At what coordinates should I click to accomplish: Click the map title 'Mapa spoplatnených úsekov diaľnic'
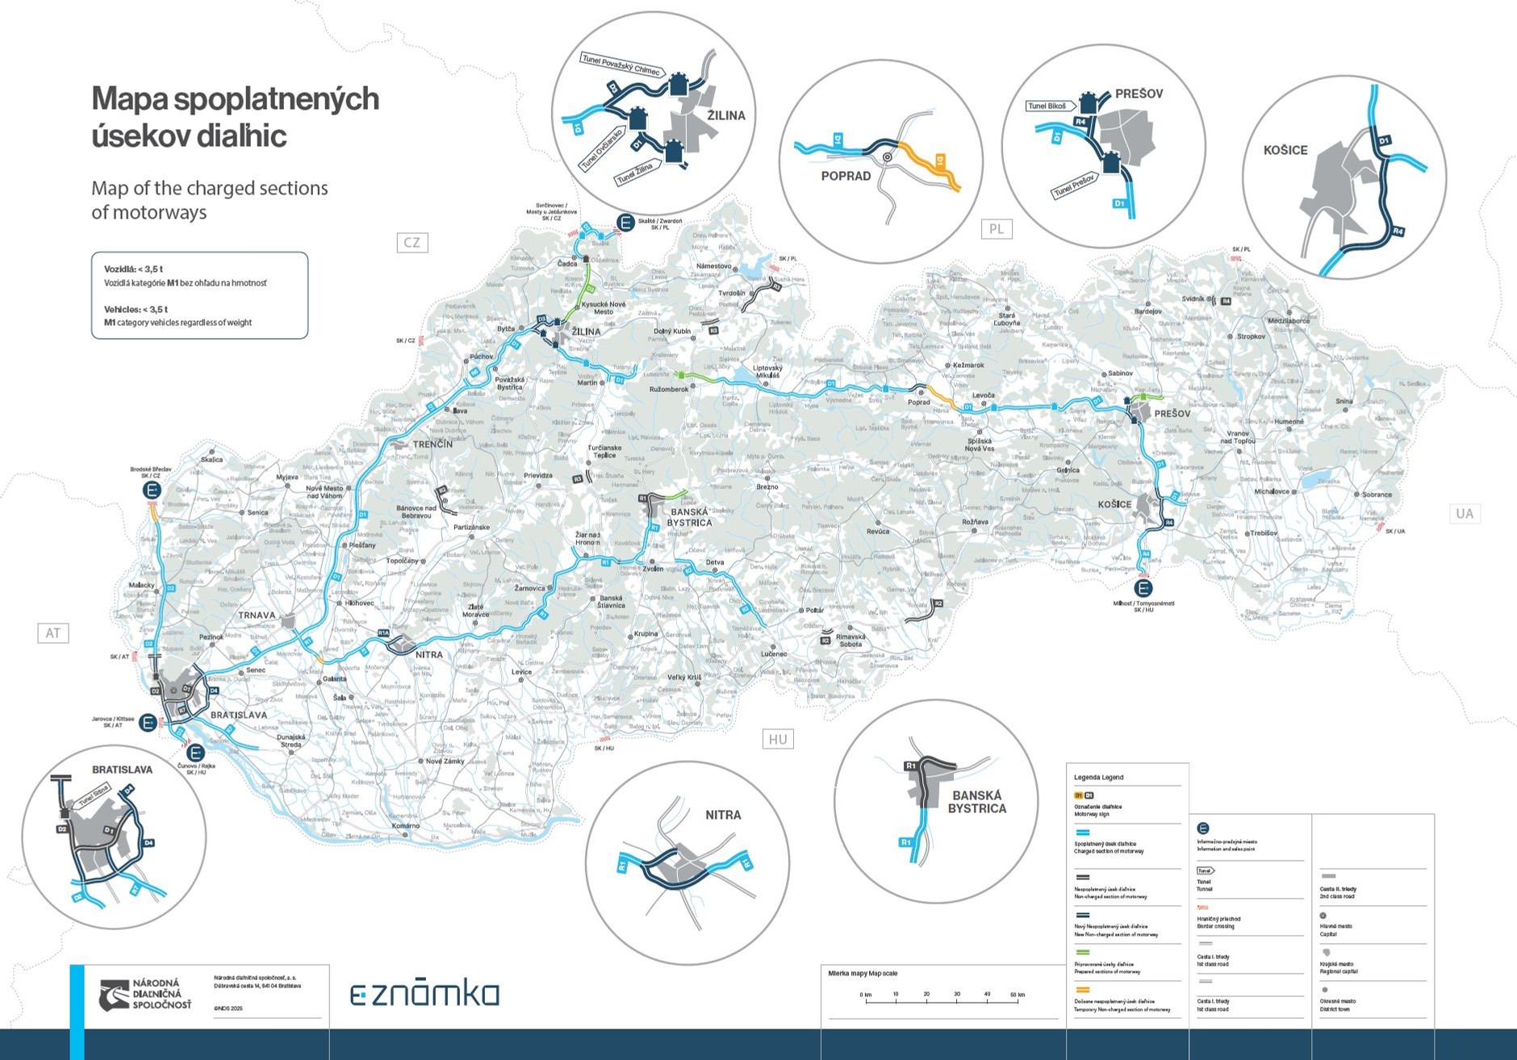point(235,116)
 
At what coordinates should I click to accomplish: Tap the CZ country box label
point(412,242)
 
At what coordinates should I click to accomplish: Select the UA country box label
point(1464,513)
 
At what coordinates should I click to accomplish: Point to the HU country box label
point(778,739)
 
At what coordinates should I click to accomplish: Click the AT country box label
point(53,633)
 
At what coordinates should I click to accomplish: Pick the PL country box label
point(997,229)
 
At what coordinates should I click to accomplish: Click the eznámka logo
point(424,994)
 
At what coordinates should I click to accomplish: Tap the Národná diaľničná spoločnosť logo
point(146,995)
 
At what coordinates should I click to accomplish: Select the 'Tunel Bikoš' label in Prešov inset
point(1047,106)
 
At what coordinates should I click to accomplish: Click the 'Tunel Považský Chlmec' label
point(621,65)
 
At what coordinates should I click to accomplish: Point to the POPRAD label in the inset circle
point(846,176)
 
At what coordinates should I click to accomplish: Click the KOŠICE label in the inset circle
point(1285,150)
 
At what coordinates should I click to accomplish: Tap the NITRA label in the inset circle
point(723,815)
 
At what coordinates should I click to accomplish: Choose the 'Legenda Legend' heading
point(1098,778)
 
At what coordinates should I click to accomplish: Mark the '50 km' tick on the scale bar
point(1017,995)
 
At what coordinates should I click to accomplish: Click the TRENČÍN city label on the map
point(433,444)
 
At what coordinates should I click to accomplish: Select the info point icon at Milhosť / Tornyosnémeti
point(1143,588)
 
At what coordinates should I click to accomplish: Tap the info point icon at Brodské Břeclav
point(151,490)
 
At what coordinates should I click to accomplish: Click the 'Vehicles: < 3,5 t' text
point(136,309)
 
